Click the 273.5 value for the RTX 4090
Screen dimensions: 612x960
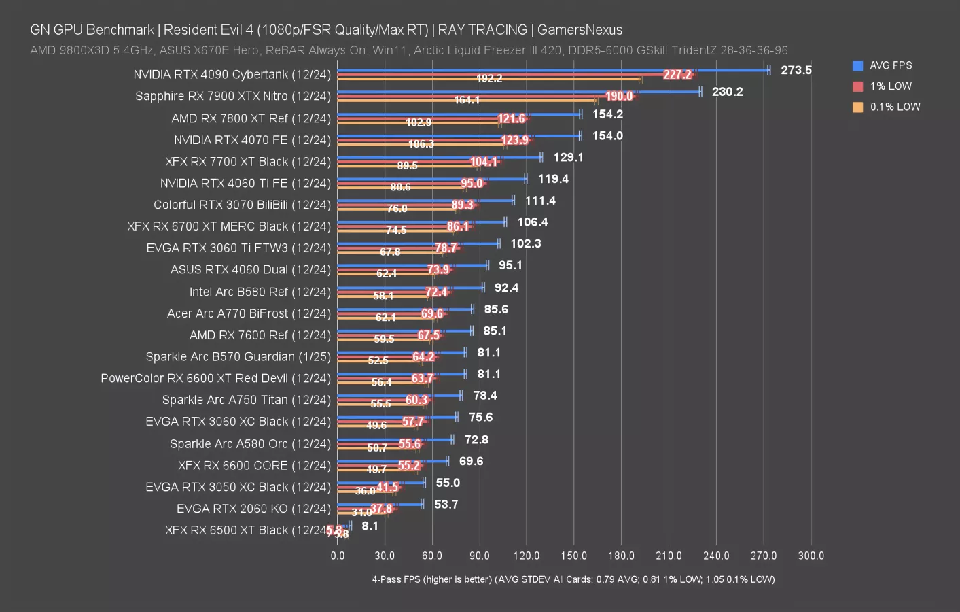[x=796, y=70]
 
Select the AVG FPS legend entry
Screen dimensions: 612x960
[x=890, y=65]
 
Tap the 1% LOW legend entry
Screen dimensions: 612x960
[x=890, y=86]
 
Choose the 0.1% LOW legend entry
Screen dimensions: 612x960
[x=894, y=107]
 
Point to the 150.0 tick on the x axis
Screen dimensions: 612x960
[x=573, y=556]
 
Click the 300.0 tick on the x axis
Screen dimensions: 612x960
[x=811, y=556]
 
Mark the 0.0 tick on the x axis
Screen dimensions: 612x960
[x=338, y=556]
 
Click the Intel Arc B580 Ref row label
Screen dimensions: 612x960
[x=260, y=292]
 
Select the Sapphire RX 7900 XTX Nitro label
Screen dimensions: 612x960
[x=232, y=96]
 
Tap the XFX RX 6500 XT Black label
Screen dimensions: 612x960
[x=246, y=530]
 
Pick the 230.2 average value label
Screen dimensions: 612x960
[x=727, y=92]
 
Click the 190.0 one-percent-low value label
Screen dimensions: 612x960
[x=619, y=97]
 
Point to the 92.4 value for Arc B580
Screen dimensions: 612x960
[x=506, y=288]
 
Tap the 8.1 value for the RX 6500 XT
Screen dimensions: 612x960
[x=370, y=526]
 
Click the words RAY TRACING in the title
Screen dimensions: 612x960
[x=482, y=30]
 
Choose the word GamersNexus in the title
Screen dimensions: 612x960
[x=580, y=30]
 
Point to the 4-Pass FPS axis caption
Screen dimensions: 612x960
[x=573, y=579]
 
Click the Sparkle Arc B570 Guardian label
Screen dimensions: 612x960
[x=238, y=357]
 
